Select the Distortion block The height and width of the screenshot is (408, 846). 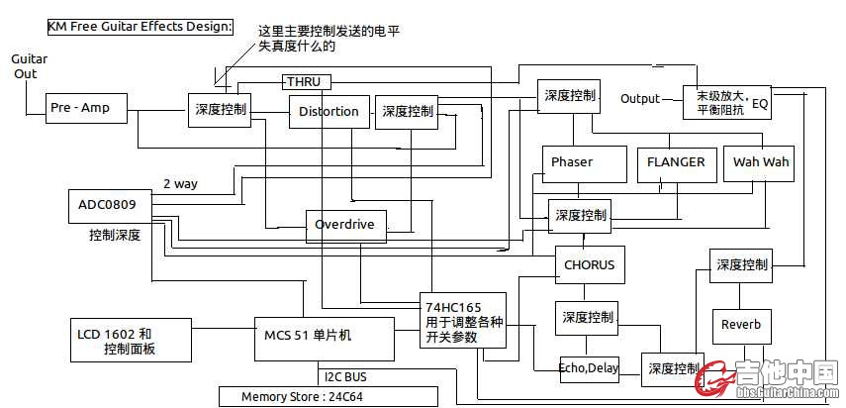(329, 112)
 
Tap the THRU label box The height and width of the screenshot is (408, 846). (306, 81)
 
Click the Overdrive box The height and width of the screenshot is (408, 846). (344, 225)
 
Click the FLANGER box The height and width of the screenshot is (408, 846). (676, 162)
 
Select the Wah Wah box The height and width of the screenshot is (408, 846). (761, 162)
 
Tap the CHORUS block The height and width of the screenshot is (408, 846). (589, 264)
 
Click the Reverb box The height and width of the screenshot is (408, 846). (741, 325)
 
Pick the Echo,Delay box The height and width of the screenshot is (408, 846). (589, 368)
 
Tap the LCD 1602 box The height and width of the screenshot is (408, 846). (129, 341)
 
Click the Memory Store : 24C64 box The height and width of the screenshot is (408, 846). (328, 397)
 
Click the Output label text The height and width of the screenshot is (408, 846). (639, 99)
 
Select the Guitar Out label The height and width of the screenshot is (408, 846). (29, 66)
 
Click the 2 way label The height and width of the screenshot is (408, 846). (180, 183)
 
